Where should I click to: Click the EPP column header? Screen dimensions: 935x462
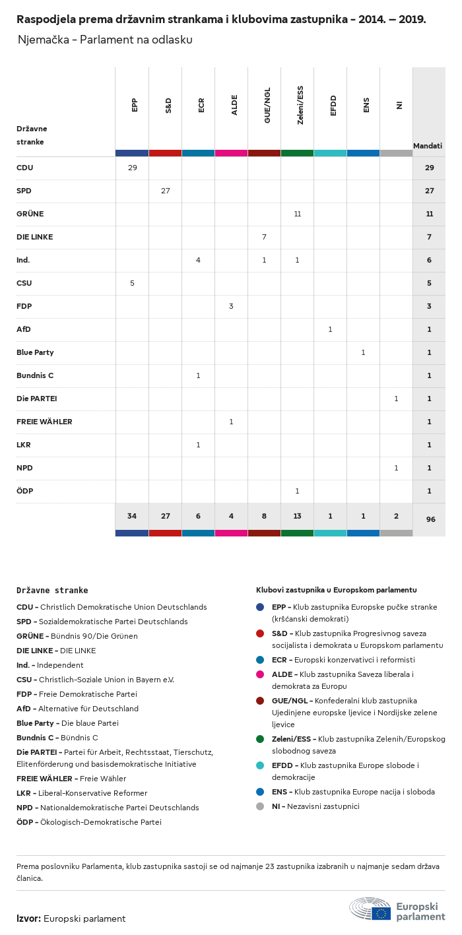coord(135,105)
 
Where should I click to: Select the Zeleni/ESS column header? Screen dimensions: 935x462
coord(300,105)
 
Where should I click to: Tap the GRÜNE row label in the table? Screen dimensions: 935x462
coord(30,214)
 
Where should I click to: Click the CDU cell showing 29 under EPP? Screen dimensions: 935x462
coord(132,168)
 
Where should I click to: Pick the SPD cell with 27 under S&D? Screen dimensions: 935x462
coord(165,191)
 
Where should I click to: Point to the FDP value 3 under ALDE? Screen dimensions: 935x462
coord(231,306)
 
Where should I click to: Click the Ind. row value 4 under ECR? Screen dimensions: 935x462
coord(198,260)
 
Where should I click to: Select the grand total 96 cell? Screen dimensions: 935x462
coord(430,519)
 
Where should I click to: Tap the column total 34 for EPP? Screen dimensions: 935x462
coord(132,516)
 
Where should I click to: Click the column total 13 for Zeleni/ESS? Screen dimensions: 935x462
coord(297,516)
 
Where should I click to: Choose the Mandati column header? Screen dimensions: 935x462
coord(428,145)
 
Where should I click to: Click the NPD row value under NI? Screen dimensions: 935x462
coord(396,468)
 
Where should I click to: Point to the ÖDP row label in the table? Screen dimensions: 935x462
coord(25,491)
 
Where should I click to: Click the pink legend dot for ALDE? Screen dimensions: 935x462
coord(260,674)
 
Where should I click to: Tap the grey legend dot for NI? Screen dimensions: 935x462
coord(260,806)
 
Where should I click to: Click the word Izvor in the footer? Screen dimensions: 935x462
coord(28,919)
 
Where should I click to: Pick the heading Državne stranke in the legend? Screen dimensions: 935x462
coord(52,591)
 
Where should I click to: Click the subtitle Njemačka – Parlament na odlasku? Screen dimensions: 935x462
coord(105,40)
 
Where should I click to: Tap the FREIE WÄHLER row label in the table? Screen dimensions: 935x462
coord(44,422)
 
